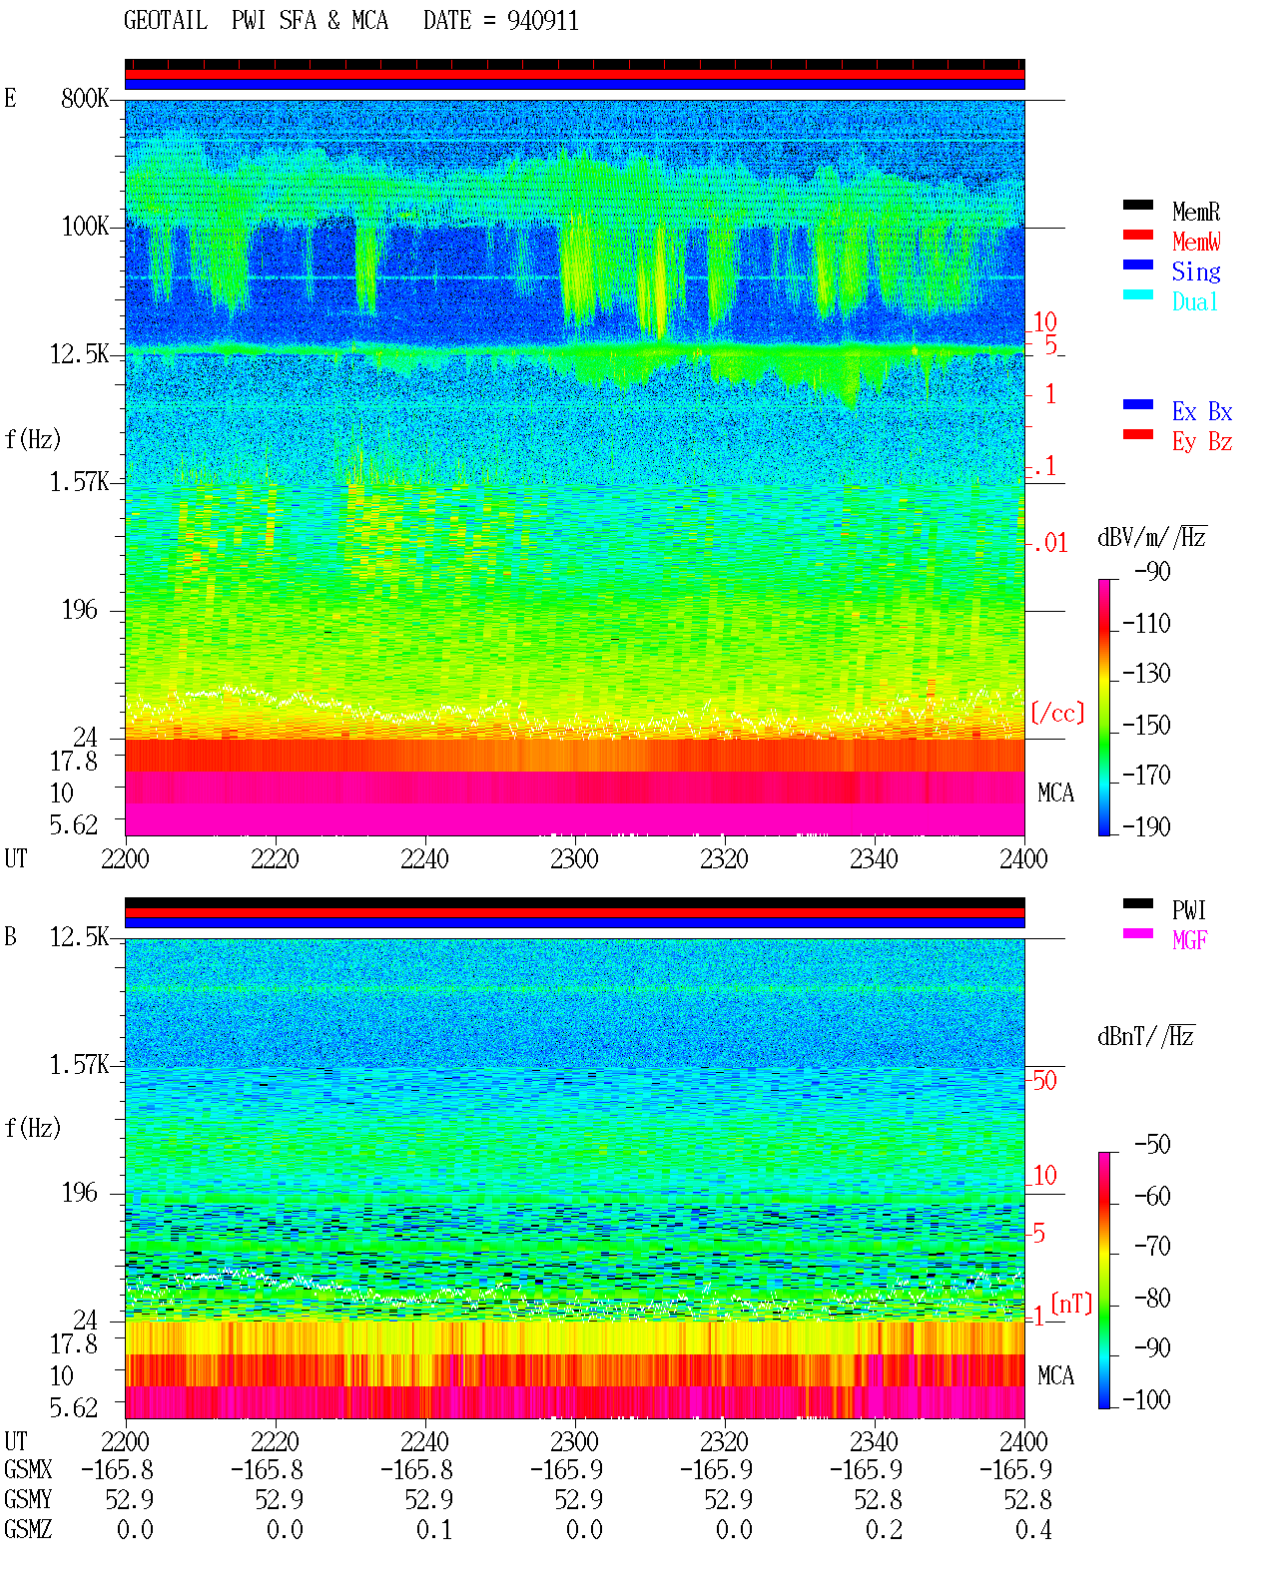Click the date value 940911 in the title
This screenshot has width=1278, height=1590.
pos(542,21)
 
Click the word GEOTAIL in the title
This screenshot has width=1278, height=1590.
pos(166,21)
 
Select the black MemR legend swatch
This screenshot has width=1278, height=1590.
pos(1137,205)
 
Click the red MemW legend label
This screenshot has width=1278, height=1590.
pos(1196,242)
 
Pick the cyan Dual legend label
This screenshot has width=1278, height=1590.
pos(1195,301)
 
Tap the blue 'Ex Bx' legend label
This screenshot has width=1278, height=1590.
pos(1202,411)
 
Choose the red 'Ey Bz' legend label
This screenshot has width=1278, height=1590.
pos(1202,442)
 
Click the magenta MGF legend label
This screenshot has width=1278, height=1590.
pos(1190,940)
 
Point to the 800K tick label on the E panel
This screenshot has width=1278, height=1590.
pos(84,98)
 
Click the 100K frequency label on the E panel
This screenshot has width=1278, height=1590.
pos(84,227)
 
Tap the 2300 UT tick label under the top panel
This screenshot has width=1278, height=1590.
pos(574,858)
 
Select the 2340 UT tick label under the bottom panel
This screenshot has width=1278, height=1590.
pos(874,1441)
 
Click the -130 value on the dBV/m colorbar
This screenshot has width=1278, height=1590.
pos(1146,674)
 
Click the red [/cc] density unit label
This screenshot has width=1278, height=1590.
pos(1057,713)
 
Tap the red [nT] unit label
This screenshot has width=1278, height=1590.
pos(1071,1304)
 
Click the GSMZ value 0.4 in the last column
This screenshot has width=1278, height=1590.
pos(1033,1530)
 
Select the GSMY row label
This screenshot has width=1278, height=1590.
pos(28,1500)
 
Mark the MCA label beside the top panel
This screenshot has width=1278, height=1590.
pos(1055,793)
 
